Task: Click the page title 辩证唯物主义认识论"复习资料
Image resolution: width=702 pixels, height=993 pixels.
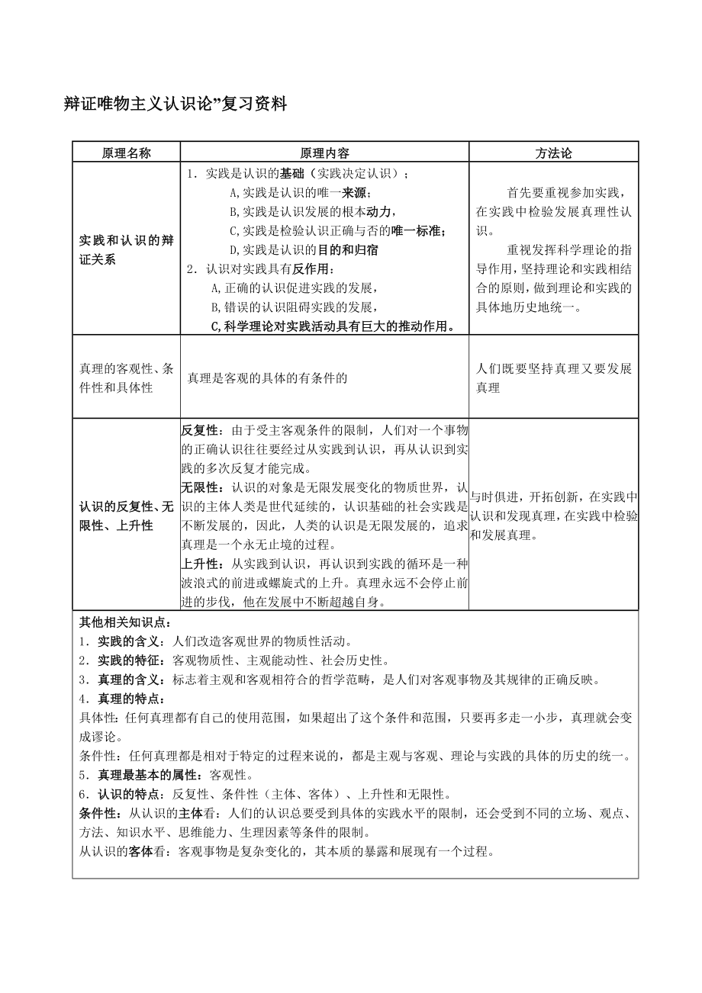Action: [x=175, y=105]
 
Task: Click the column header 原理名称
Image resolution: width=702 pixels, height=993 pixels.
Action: [x=126, y=153]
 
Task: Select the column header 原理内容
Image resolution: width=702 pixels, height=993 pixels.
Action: [x=324, y=153]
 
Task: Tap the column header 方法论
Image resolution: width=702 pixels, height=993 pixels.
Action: [x=553, y=153]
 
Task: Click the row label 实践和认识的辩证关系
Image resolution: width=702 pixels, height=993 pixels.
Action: [x=126, y=250]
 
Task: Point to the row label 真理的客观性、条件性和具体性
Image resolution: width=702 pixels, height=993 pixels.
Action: [x=126, y=378]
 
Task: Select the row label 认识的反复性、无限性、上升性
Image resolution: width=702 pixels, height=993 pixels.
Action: [x=126, y=516]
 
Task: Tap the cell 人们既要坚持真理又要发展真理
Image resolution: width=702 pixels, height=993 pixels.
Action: [x=553, y=378]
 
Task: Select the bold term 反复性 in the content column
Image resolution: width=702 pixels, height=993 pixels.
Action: [x=199, y=429]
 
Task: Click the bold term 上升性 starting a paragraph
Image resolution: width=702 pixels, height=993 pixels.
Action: [x=199, y=564]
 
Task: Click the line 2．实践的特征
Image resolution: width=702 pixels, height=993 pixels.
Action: [x=236, y=660]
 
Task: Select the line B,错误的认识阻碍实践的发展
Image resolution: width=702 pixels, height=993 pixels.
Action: [x=294, y=307]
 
